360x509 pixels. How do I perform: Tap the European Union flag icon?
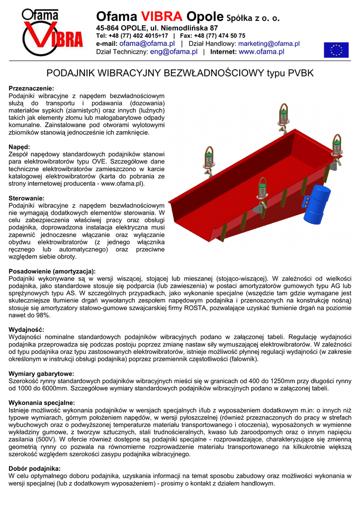click(x=336, y=50)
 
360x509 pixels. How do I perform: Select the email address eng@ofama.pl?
click(x=174, y=52)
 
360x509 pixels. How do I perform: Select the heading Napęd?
click(x=19, y=147)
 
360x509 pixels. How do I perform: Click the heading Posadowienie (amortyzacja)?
click(x=52, y=271)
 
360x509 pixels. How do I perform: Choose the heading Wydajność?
click(x=26, y=330)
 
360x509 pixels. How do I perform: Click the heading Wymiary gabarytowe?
click(x=41, y=374)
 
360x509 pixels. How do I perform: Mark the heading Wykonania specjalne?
click(x=42, y=403)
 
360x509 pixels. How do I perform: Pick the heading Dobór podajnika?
click(x=35, y=469)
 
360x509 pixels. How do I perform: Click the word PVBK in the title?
click(x=300, y=73)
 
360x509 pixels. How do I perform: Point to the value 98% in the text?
click(x=43, y=315)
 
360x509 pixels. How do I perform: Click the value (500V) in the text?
click(x=46, y=439)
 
